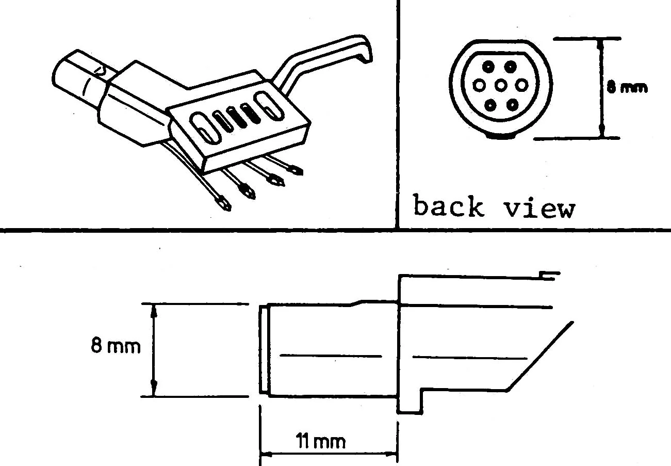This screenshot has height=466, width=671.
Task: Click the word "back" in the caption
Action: (x=448, y=206)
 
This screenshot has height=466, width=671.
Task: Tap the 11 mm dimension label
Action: (x=320, y=441)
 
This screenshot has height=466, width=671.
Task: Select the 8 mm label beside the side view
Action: (x=116, y=346)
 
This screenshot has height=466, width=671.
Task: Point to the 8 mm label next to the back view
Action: (x=627, y=88)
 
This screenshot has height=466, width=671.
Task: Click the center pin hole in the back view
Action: (x=501, y=86)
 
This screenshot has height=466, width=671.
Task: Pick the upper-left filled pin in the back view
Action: (x=488, y=66)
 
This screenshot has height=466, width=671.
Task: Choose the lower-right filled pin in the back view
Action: (x=513, y=105)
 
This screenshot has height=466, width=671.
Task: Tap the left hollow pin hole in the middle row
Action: (x=479, y=85)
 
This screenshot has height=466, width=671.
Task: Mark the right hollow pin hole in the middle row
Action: (x=522, y=85)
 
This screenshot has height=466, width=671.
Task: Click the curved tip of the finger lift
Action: (x=366, y=50)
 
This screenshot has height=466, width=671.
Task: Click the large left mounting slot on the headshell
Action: (x=205, y=128)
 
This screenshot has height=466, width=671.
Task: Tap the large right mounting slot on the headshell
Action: (x=269, y=106)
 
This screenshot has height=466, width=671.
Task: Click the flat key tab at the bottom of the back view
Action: (x=501, y=136)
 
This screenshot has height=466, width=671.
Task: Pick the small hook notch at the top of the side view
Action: (x=549, y=276)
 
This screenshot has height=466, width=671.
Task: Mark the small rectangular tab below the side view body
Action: (x=410, y=401)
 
